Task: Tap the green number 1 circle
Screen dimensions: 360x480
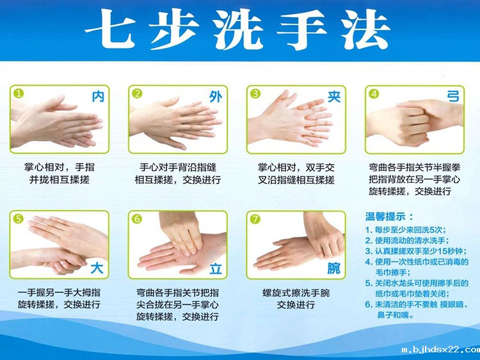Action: click(19, 93)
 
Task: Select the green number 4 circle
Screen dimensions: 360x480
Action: click(374, 93)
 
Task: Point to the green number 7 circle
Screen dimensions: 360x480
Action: click(256, 219)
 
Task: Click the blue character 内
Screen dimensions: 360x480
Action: click(97, 97)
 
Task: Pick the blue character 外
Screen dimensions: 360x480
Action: click(216, 97)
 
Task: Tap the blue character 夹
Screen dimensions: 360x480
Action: click(333, 97)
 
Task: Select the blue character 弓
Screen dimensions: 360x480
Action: click(452, 97)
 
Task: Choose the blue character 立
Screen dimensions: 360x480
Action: click(215, 269)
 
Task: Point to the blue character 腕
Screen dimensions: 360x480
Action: click(333, 269)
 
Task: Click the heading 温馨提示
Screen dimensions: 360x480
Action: click(389, 217)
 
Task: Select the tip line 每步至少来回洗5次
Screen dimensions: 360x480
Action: click(406, 230)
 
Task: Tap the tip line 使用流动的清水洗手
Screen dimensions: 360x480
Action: click(410, 240)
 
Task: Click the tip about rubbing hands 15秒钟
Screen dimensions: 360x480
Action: click(413, 251)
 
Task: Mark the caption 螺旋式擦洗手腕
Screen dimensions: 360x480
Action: click(295, 293)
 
